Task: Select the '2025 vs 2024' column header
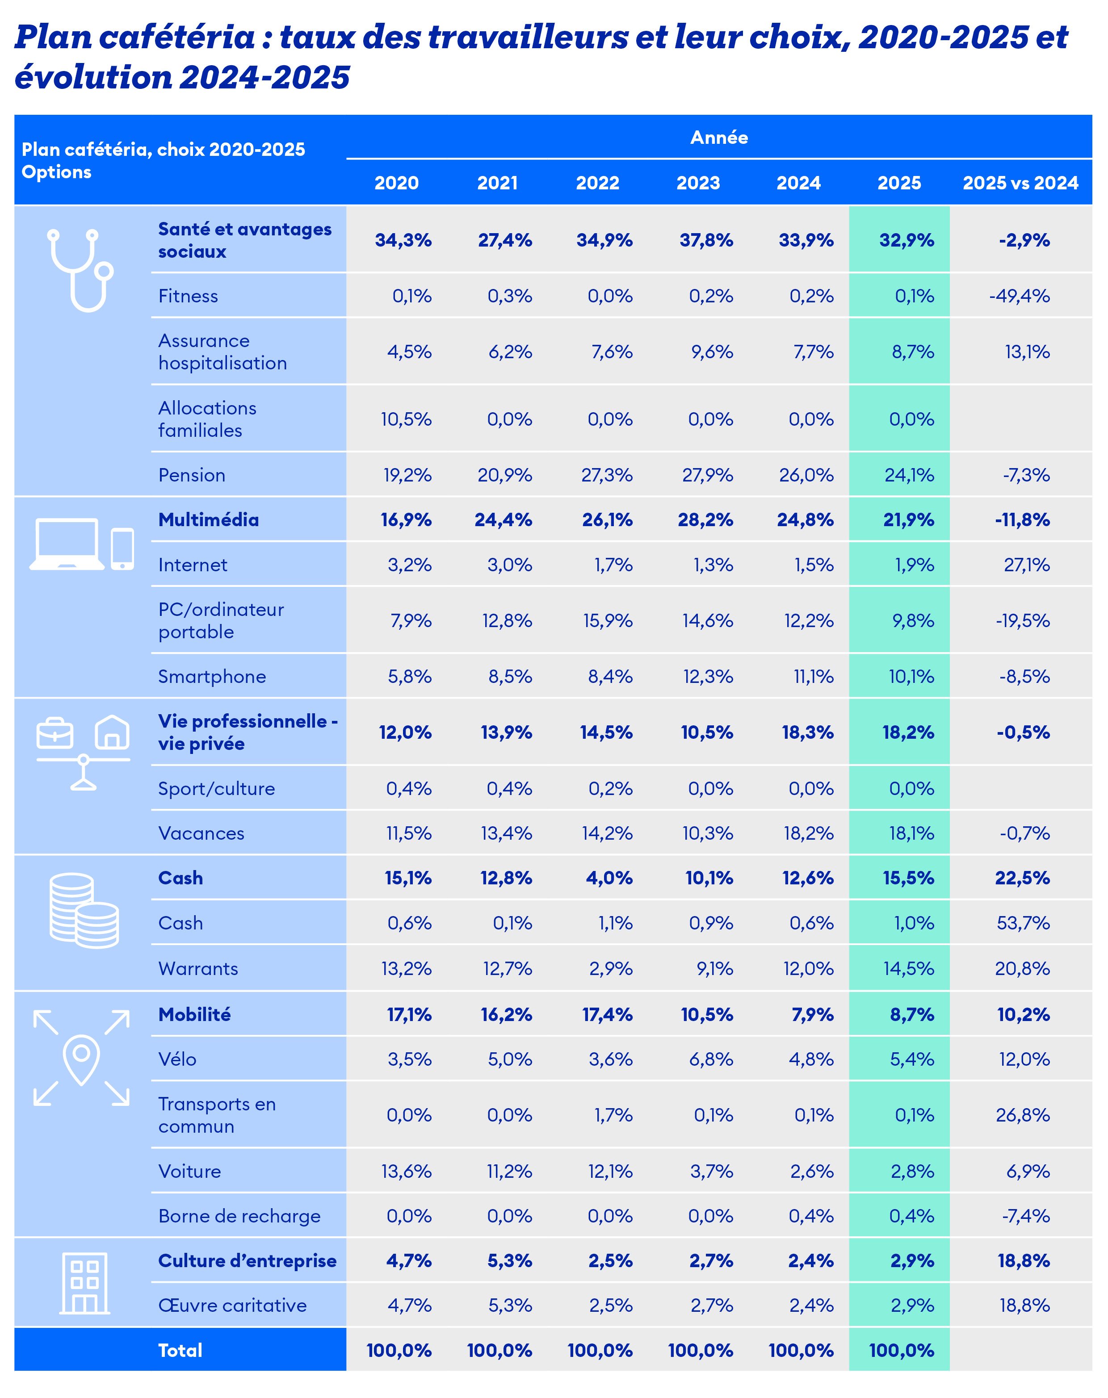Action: click(x=1020, y=183)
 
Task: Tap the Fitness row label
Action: click(x=188, y=296)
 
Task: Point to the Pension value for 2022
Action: click(x=607, y=475)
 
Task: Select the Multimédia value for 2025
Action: click(x=908, y=520)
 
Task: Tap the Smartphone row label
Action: click(x=212, y=677)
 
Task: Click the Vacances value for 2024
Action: click(x=808, y=833)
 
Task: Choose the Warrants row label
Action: click(x=198, y=969)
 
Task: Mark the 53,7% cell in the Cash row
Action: click(x=1023, y=923)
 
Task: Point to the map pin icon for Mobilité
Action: click(x=81, y=1059)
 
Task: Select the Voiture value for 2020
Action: click(x=407, y=1172)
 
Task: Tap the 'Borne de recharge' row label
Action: click(x=239, y=1217)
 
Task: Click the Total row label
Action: click(x=180, y=1351)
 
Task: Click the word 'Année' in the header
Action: click(x=719, y=138)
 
